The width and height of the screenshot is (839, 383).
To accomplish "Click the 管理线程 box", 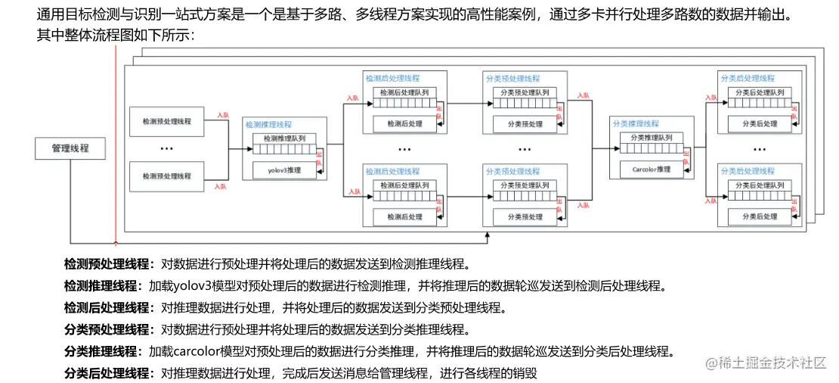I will [x=70, y=148].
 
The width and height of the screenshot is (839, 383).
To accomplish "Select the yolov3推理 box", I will [x=284, y=170].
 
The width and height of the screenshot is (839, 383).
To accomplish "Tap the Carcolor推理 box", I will [x=651, y=170].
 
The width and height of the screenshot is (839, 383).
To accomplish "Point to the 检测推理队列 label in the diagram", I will [x=284, y=139].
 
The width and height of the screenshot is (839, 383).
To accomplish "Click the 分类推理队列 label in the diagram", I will [x=651, y=138].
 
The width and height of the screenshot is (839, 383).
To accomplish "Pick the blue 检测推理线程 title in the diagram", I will [x=268, y=123].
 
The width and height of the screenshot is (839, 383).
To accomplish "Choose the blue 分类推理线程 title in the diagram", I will [x=635, y=123].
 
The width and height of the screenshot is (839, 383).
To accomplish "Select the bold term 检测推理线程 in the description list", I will [x=102, y=286].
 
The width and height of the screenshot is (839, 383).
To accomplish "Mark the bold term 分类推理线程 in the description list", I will [x=102, y=352].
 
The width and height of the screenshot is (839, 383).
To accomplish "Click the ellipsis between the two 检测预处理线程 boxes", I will [x=167, y=149].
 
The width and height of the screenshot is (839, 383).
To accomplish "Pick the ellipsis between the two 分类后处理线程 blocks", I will [x=760, y=149].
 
